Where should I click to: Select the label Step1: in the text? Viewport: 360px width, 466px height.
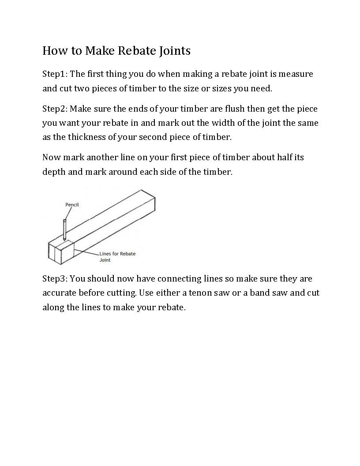(x=55, y=74)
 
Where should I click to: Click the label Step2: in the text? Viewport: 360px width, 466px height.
(x=55, y=109)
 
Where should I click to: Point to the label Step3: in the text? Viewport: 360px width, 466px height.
(x=55, y=279)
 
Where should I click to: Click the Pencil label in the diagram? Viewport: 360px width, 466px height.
(x=72, y=205)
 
